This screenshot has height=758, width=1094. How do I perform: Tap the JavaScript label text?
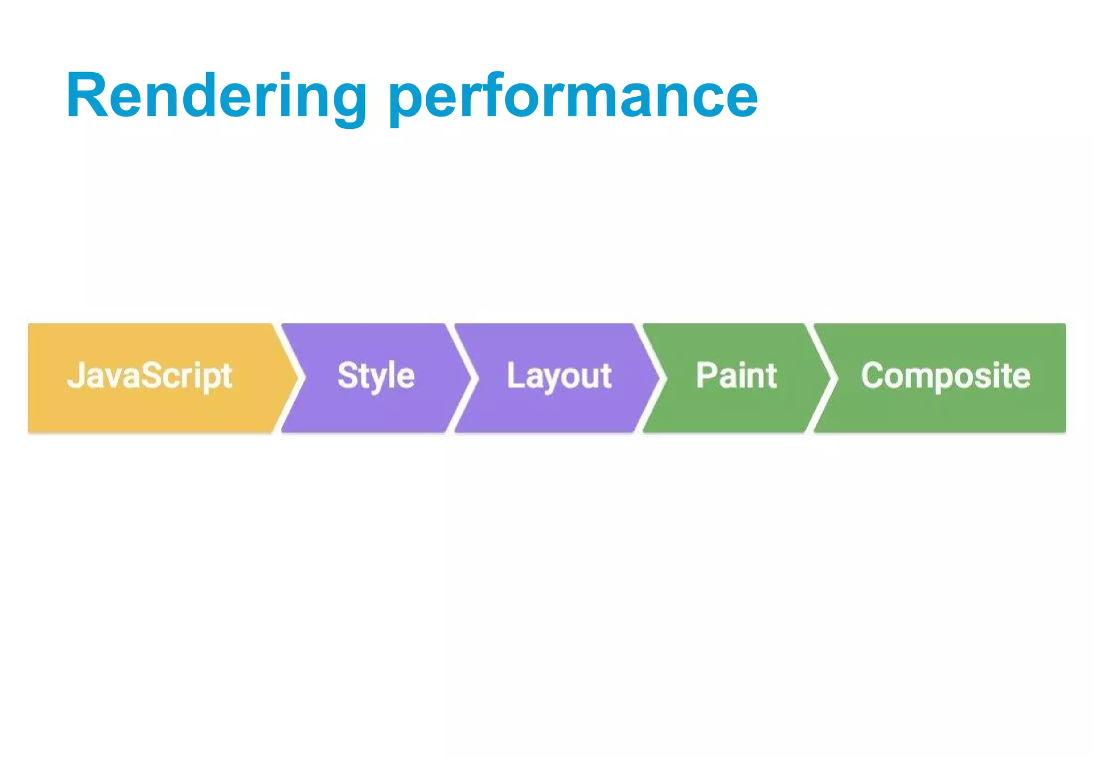point(150,376)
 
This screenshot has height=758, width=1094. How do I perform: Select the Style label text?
point(376,376)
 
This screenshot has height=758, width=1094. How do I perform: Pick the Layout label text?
point(559,376)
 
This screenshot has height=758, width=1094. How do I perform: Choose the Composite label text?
point(945,376)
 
